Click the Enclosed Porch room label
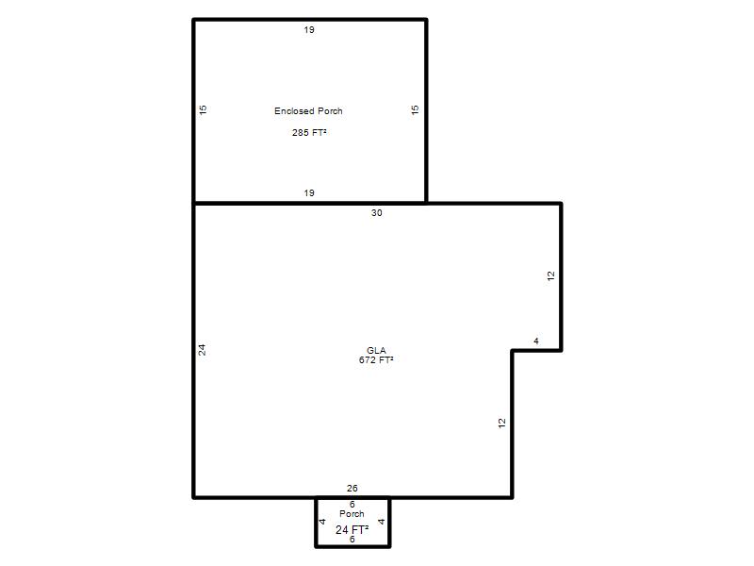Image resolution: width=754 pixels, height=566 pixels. click(x=308, y=110)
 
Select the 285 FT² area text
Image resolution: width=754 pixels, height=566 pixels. click(x=309, y=132)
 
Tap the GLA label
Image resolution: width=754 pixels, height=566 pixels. click(x=376, y=350)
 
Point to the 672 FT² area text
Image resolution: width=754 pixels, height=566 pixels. click(x=376, y=359)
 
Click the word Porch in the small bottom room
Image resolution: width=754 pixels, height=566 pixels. click(x=352, y=513)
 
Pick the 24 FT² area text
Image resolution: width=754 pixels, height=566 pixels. click(x=352, y=529)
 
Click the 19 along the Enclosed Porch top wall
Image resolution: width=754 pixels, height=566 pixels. click(x=309, y=30)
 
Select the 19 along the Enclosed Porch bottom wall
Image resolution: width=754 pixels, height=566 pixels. click(x=309, y=193)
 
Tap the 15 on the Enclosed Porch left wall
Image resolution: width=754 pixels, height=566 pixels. click(x=203, y=109)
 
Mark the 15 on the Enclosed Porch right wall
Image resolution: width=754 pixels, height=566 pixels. click(x=415, y=109)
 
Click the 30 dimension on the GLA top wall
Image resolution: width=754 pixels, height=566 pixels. click(x=376, y=213)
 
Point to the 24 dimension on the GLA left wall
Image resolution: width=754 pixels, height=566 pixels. click(x=202, y=350)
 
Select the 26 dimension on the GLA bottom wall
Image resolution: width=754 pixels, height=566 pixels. click(x=352, y=488)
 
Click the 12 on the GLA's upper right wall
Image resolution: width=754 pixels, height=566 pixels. click(x=551, y=275)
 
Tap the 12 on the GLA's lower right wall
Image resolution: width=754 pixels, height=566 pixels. click(x=502, y=423)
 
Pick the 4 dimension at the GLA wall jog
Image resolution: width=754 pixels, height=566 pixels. click(x=536, y=341)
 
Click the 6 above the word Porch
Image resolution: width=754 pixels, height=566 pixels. click(x=352, y=504)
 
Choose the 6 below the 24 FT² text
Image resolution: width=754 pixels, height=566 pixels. click(x=352, y=540)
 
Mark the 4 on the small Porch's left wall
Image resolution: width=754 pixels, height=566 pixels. click(x=322, y=522)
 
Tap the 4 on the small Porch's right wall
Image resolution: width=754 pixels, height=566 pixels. click(x=382, y=522)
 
